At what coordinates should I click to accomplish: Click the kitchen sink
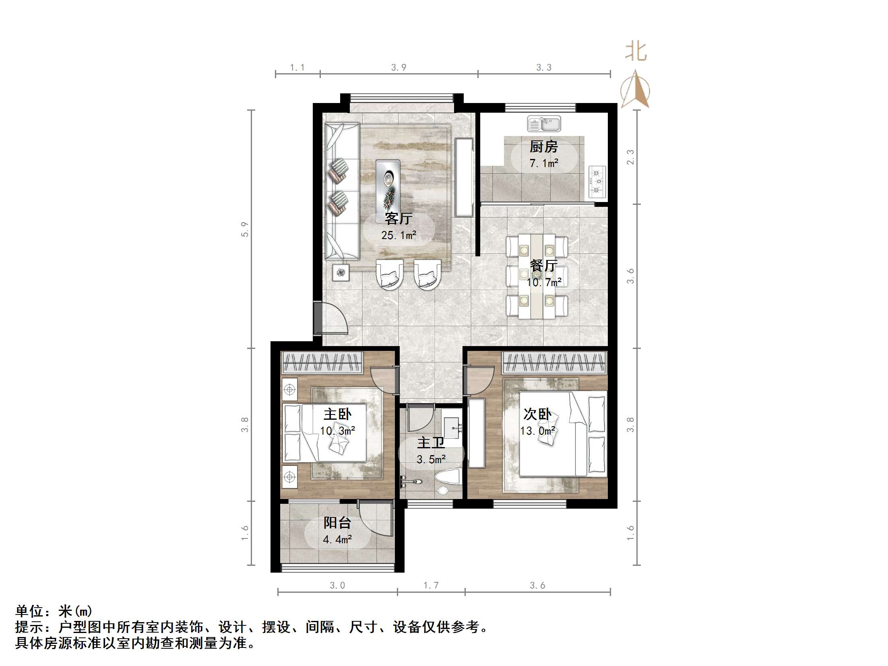544,124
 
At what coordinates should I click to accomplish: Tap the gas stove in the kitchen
597,181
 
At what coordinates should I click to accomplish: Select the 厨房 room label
543,146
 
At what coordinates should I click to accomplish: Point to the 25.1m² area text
399,235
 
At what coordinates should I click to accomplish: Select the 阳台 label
337,523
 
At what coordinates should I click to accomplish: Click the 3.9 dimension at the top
399,68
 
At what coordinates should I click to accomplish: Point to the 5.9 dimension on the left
245,229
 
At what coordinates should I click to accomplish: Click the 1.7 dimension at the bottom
431,586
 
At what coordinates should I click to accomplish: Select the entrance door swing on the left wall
330,318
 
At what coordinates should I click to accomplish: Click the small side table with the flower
341,272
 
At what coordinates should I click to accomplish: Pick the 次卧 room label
537,414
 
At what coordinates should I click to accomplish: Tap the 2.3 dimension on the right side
630,157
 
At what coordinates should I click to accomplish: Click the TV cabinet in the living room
464,177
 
